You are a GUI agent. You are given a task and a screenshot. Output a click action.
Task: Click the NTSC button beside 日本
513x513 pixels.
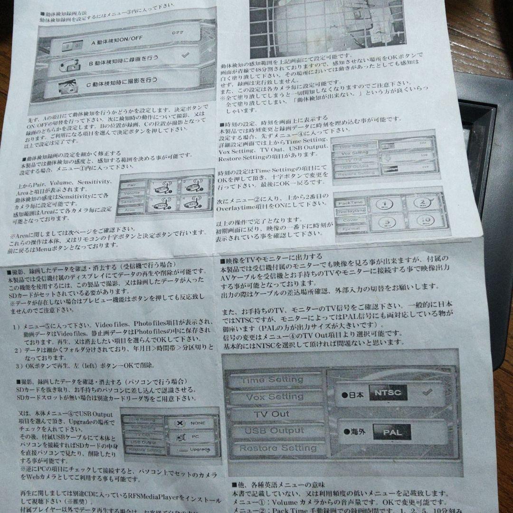tap(388, 392)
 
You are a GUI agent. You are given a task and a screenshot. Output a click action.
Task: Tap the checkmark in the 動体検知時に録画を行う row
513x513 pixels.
tap(186, 55)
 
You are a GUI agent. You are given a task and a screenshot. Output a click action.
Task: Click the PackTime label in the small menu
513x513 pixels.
tap(351, 203)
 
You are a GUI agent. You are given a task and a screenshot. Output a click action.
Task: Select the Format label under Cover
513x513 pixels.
tap(351, 228)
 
